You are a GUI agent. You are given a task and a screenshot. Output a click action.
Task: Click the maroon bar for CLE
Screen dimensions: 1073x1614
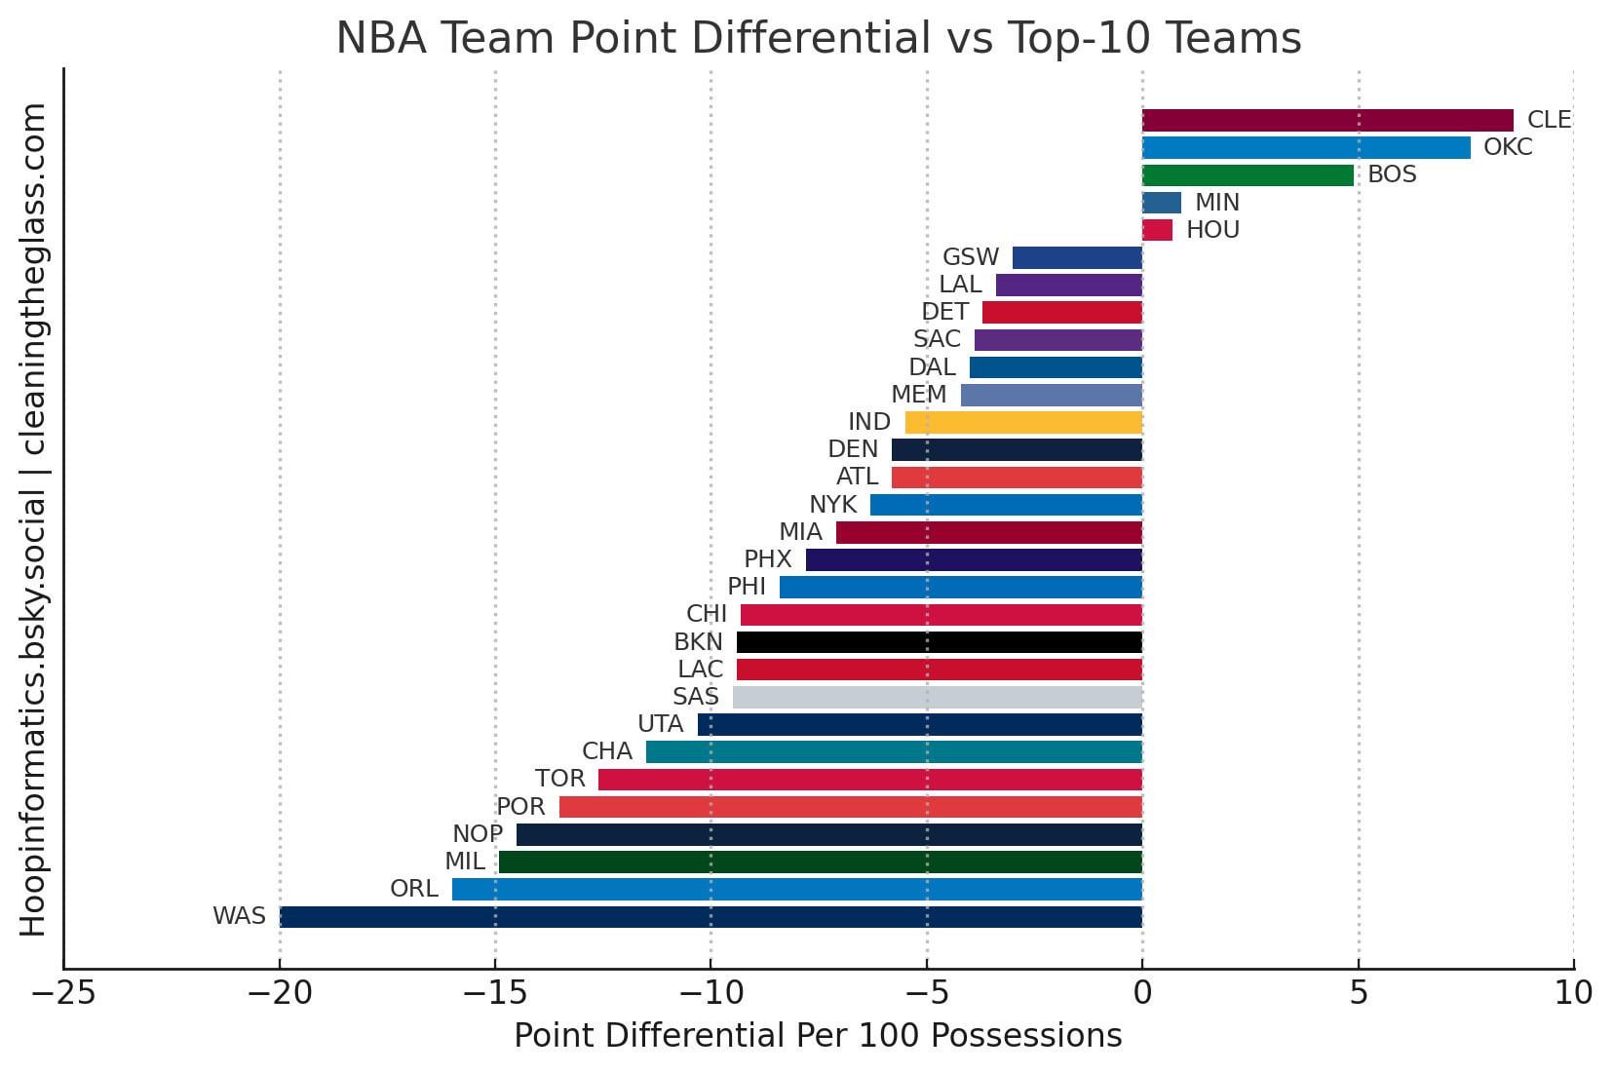pos(1327,120)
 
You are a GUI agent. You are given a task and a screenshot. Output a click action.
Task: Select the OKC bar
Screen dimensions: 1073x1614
pos(1306,147)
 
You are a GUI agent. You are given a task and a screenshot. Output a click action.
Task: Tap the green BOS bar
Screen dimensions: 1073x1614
pos(1248,175)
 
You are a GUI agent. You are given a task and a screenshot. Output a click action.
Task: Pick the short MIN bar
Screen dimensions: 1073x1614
pos(1162,203)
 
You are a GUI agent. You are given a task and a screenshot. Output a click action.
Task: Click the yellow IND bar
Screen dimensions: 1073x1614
pos(1023,422)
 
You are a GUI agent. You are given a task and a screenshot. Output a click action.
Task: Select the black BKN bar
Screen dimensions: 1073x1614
pos(940,642)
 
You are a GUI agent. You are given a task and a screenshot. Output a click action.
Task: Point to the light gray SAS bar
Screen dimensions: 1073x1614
pos(938,697)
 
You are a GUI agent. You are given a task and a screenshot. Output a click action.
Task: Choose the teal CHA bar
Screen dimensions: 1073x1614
pos(894,751)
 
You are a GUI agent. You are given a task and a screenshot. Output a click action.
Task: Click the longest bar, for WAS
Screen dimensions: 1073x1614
pos(711,917)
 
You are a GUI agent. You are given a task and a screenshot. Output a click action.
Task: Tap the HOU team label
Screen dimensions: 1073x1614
pos(1212,230)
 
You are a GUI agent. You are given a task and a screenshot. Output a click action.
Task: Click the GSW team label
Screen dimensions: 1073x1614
pos(971,257)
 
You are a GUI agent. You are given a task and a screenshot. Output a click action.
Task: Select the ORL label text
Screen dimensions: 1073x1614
pos(414,889)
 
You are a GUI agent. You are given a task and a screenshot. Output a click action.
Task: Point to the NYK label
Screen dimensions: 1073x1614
pos(833,505)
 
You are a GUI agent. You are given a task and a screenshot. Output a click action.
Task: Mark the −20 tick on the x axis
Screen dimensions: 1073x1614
pos(279,993)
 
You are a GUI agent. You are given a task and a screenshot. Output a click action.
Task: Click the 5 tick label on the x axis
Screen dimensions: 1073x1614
pos(1359,993)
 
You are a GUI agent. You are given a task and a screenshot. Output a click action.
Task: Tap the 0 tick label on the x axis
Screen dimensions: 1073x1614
pos(1142,993)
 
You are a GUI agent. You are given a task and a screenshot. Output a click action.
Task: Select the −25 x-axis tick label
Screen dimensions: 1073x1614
pos(63,993)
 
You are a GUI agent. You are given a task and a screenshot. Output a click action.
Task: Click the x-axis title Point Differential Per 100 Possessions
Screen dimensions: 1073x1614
pos(818,1036)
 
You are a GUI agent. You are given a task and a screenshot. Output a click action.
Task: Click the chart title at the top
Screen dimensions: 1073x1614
pos(818,39)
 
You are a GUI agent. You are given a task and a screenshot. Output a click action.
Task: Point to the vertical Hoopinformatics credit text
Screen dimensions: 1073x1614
pos(33,518)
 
